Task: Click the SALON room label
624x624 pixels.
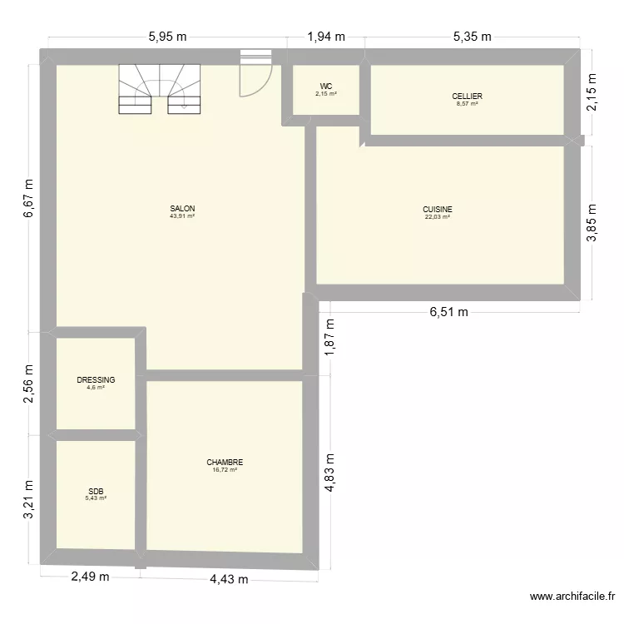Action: (182, 208)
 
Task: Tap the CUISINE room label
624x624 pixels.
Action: (437, 210)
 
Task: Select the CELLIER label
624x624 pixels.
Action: (467, 97)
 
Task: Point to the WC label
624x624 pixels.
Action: (325, 87)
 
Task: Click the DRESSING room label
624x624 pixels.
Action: (96, 380)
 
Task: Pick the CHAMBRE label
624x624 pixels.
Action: (225, 463)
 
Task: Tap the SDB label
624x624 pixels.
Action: (97, 491)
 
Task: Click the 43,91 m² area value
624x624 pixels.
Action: (182, 216)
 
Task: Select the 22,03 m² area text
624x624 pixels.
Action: (437, 217)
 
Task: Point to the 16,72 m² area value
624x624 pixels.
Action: (225, 470)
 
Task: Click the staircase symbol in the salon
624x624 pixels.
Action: (161, 88)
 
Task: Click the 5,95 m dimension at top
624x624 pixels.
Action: (167, 37)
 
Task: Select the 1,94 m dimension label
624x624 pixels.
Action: (325, 37)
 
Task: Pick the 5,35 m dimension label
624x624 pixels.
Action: (472, 37)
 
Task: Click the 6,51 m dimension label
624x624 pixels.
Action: (448, 313)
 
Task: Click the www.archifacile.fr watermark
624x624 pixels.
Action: (573, 597)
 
